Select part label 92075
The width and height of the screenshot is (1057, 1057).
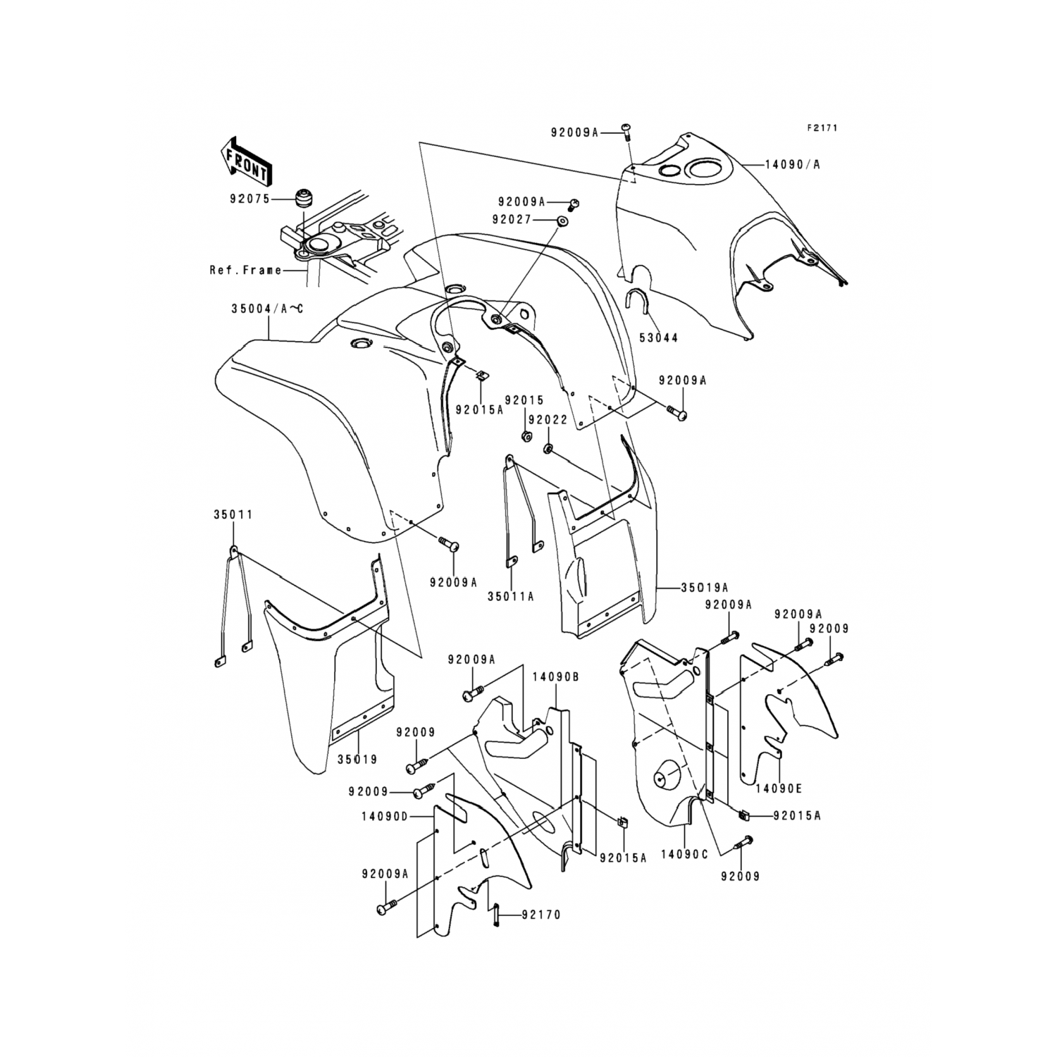point(249,199)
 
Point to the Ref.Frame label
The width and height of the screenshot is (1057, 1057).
point(245,270)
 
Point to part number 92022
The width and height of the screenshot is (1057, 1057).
point(548,419)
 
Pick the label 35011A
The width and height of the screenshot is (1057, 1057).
point(511,596)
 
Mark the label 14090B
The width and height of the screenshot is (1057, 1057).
point(555,676)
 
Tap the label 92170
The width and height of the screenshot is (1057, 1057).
point(541,915)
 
